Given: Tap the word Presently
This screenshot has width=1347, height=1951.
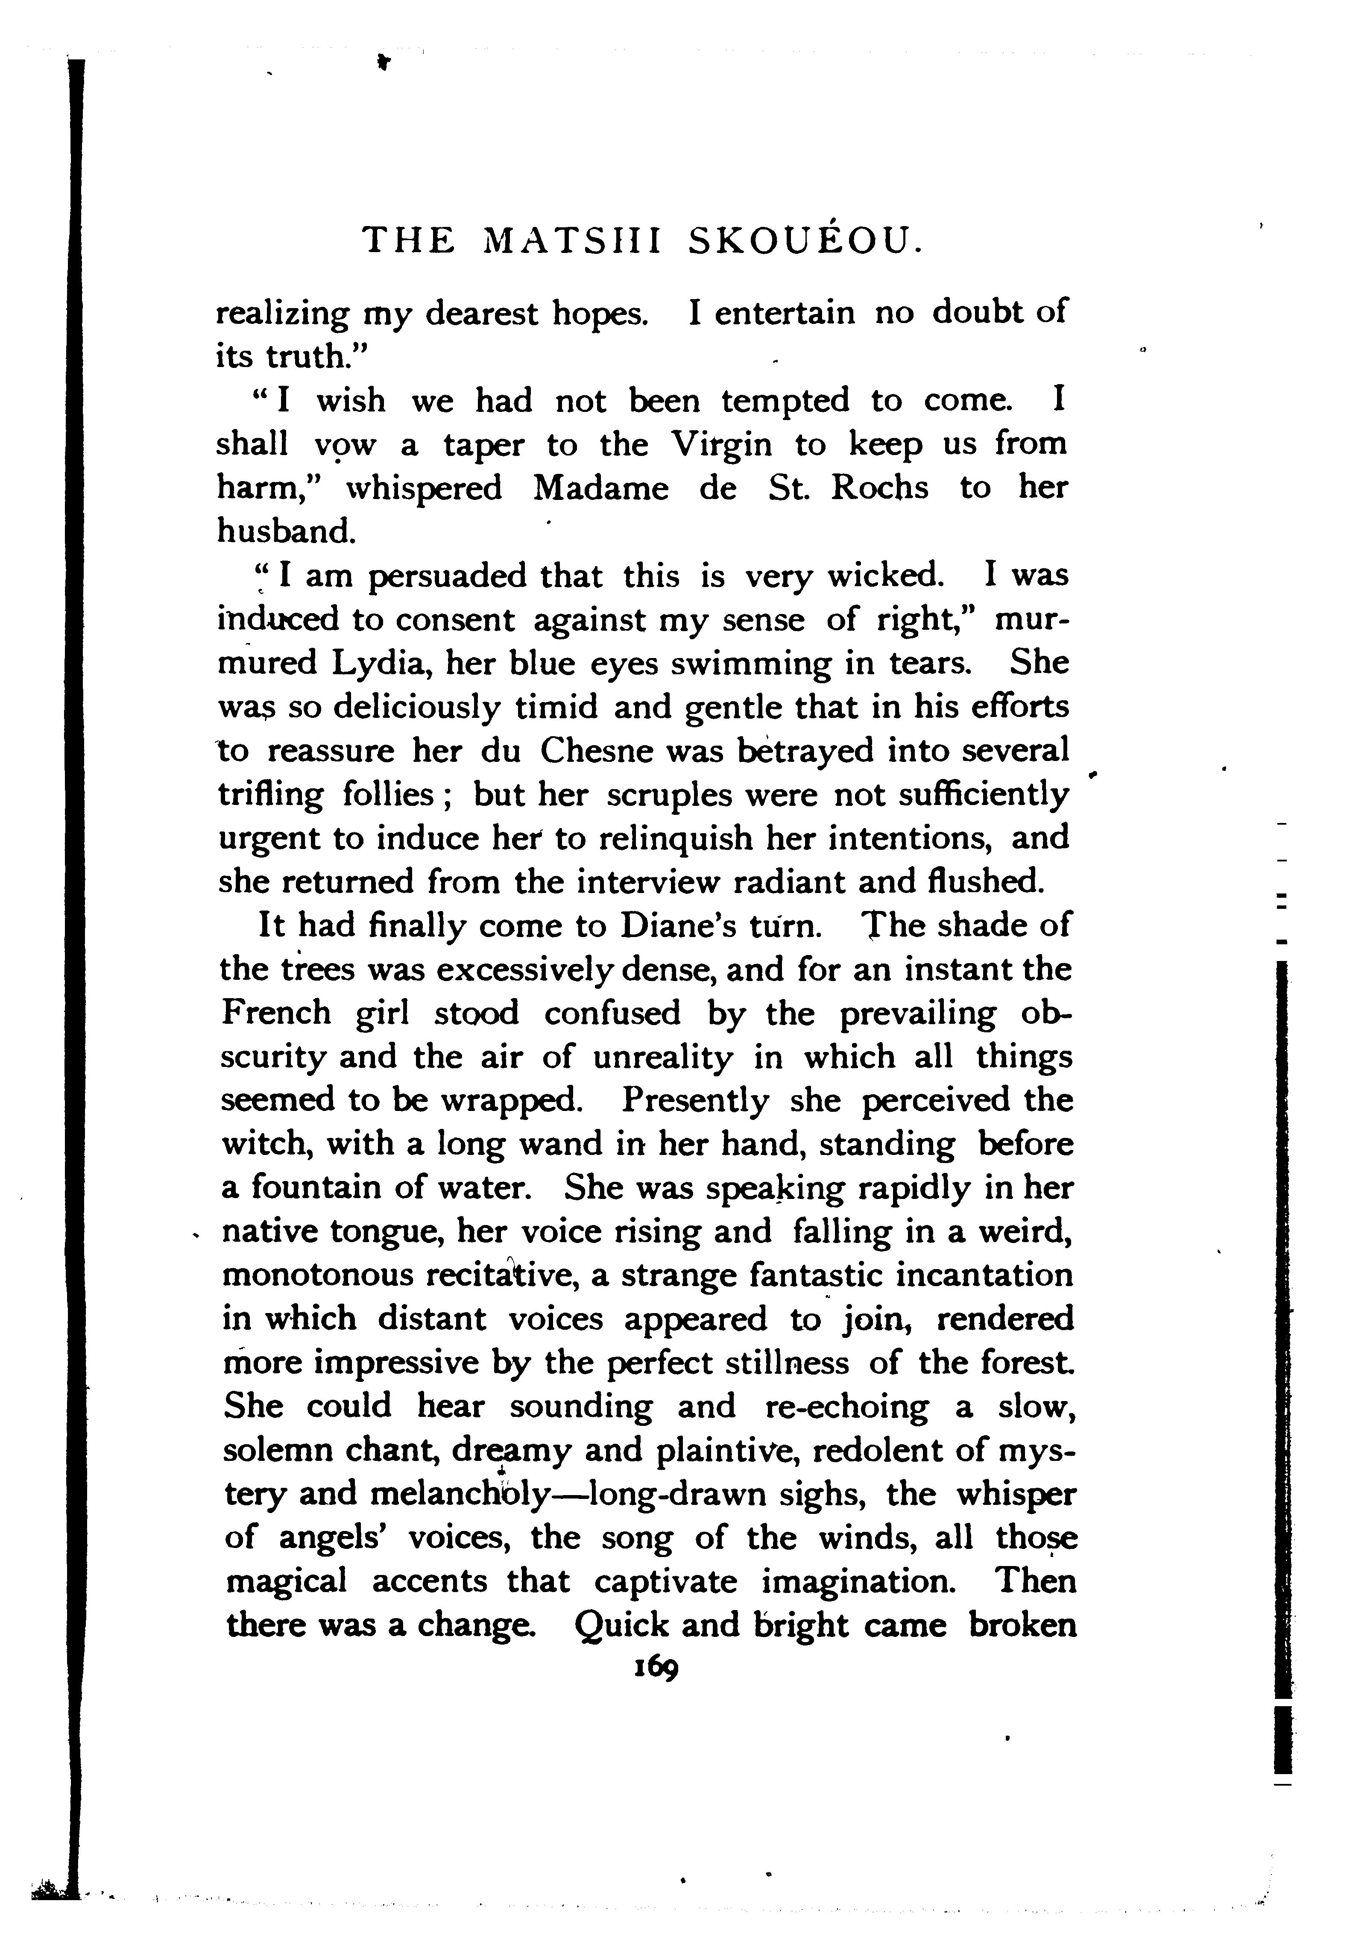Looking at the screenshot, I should pyautogui.click(x=695, y=1101).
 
